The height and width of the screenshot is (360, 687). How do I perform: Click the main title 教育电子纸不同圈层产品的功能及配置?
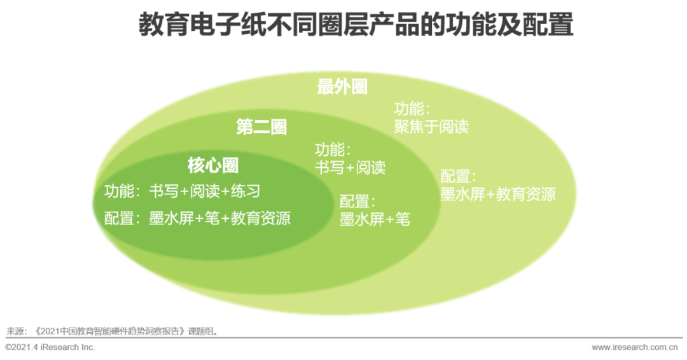tap(356, 25)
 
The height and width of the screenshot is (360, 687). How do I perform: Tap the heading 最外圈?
tap(342, 87)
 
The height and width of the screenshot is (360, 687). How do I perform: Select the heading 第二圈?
tap(261, 127)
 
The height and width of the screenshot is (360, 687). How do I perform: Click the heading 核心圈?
tap(213, 165)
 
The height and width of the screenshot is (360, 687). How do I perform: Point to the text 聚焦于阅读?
tap(431, 127)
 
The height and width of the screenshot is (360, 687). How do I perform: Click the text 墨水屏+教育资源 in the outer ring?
tap(497, 194)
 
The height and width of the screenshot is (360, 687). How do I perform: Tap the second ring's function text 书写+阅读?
tap(350, 167)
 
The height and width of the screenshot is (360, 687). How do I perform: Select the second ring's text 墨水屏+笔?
tap(375, 219)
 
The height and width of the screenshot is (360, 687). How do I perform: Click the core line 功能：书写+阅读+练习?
tap(183, 191)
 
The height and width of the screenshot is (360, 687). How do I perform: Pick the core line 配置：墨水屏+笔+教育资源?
tap(197, 218)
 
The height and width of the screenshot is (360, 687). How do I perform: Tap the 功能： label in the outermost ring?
tap(412, 109)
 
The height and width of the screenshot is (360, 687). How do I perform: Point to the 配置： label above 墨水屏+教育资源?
tap(458, 176)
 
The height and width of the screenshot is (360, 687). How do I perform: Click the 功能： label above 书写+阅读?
tap(333, 149)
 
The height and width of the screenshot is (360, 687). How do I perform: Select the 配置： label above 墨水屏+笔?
tap(357, 202)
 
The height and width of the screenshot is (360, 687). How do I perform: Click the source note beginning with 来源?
tap(112, 331)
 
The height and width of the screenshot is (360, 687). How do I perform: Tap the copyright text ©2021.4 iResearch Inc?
tap(50, 347)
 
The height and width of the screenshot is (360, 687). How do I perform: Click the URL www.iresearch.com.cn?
tap(634, 347)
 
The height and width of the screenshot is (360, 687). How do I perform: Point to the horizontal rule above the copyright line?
tap(344, 338)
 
